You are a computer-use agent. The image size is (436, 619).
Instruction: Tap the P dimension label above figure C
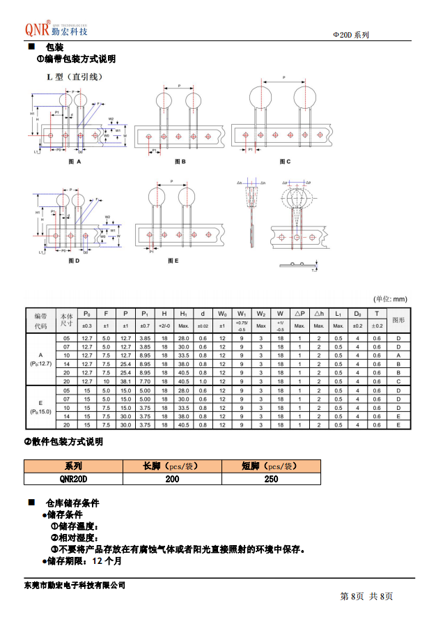[x=284, y=77]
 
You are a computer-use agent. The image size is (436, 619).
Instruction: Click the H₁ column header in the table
[x=184, y=314]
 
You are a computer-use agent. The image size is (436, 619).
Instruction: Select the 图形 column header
[x=398, y=320]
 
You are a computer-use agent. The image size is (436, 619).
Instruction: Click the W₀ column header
[x=222, y=314]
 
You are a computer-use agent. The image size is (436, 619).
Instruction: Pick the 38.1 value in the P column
[x=126, y=381]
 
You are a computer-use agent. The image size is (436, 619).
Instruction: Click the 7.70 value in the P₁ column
[x=145, y=381]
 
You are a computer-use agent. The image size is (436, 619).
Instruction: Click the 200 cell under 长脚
[x=172, y=479]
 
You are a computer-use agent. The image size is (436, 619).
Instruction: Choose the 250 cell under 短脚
[x=271, y=479]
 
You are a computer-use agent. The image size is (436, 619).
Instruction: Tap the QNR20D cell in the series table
[x=73, y=479]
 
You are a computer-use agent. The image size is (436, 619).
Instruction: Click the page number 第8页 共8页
[x=366, y=597]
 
